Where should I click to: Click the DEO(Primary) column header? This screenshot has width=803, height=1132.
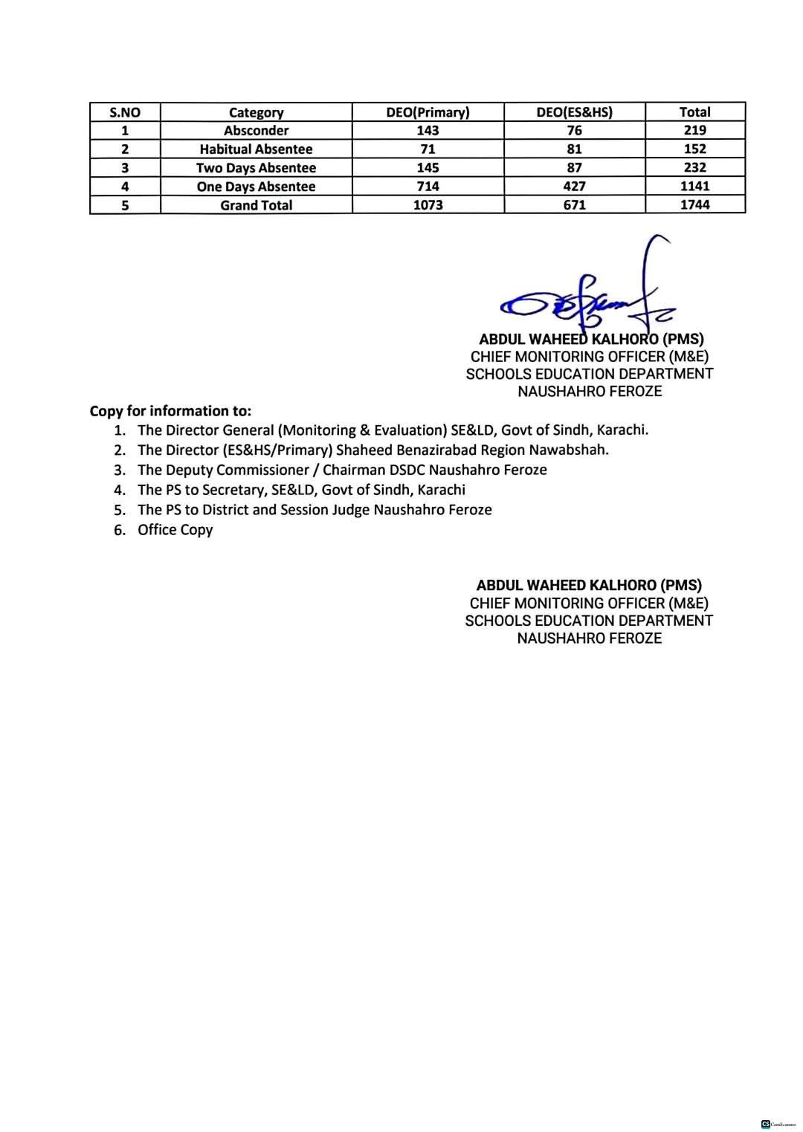click(x=428, y=112)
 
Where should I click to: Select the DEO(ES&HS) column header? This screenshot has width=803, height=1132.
click(x=574, y=112)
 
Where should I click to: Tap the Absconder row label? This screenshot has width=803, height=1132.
click(x=256, y=131)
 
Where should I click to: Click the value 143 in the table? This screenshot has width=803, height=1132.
click(x=428, y=131)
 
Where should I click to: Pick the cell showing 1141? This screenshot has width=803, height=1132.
click(x=694, y=187)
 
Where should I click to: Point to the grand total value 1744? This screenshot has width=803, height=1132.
click(x=694, y=205)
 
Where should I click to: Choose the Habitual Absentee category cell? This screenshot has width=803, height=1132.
click(x=256, y=149)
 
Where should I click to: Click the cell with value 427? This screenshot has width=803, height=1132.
click(x=574, y=187)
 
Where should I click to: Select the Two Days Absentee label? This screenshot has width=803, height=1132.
click(x=256, y=168)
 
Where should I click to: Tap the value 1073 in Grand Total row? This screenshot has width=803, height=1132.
click(x=428, y=205)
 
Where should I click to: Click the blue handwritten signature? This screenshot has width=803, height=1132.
click(x=587, y=297)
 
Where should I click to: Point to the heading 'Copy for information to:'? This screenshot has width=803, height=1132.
click(x=170, y=411)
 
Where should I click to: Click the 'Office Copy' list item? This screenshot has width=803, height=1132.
click(x=175, y=530)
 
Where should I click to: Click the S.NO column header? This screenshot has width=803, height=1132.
click(x=124, y=113)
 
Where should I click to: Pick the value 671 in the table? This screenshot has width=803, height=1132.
click(x=574, y=205)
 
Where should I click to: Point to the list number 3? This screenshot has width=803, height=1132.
click(x=119, y=470)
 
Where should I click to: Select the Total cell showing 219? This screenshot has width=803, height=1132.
click(x=694, y=130)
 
